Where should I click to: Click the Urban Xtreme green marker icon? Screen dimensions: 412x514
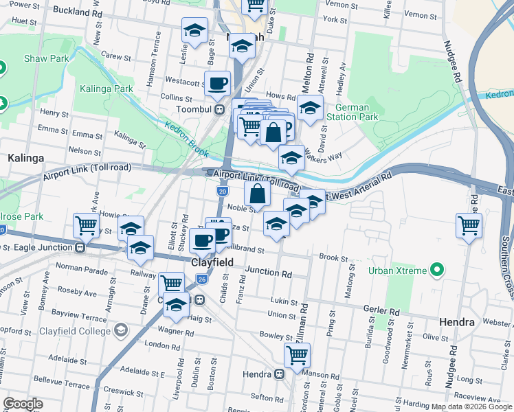[x=436, y=269]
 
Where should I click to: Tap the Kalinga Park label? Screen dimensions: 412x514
[x=106, y=89]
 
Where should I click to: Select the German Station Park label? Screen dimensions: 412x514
[x=357, y=112]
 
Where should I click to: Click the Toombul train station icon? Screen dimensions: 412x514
[x=219, y=109]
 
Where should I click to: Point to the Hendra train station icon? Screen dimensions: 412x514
[x=279, y=374]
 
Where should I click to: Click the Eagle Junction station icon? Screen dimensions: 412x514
[x=80, y=247]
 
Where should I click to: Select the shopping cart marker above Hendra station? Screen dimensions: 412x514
[x=297, y=355]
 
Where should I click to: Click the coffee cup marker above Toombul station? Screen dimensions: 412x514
[x=218, y=84]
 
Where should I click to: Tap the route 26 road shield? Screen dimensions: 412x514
[x=201, y=279]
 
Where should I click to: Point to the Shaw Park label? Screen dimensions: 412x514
[x=47, y=58]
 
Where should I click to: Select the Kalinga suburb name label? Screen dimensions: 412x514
[x=25, y=158]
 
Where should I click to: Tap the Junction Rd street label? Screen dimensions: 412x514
[x=269, y=273]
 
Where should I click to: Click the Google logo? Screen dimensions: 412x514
[x=23, y=404]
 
